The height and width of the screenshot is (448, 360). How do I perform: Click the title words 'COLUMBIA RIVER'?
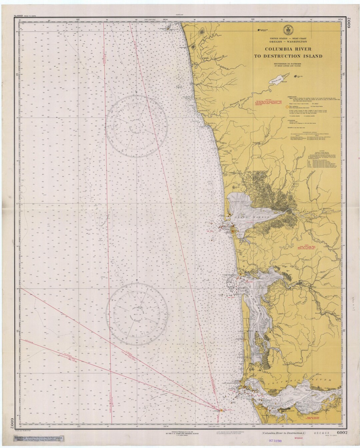pos(288,49)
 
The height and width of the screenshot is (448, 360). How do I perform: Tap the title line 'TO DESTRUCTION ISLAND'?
pos(288,56)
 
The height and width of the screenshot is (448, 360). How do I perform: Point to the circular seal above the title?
pos(286,31)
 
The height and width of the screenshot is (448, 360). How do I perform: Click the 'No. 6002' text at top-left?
pos(20,16)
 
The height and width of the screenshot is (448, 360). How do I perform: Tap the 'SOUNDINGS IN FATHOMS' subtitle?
pos(288,63)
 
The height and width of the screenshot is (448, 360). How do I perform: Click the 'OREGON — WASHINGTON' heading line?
pos(288,42)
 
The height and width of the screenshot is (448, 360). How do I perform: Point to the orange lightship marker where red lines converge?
pos(220,410)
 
